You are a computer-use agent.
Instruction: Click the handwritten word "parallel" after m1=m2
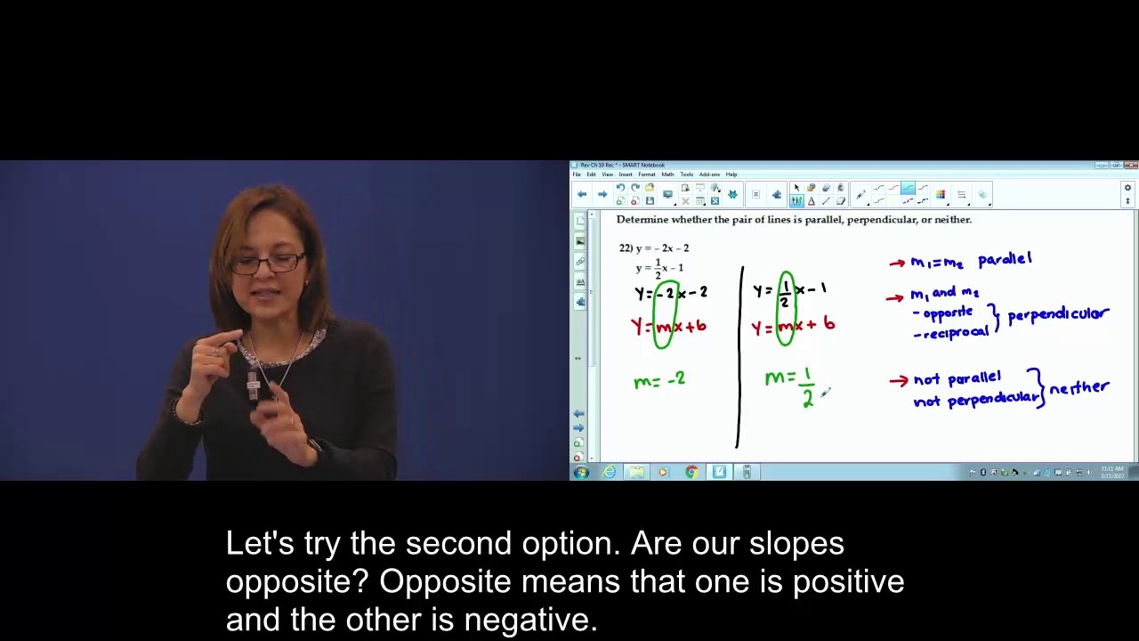pyautogui.click(x=1005, y=259)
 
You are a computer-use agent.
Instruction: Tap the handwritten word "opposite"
pyautogui.click(x=948, y=312)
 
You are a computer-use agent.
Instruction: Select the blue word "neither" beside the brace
pyautogui.click(x=1078, y=388)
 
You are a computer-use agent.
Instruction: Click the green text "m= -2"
pyautogui.click(x=659, y=380)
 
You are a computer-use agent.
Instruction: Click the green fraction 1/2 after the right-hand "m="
pyautogui.click(x=807, y=388)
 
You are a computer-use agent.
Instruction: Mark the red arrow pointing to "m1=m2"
pyautogui.click(x=897, y=263)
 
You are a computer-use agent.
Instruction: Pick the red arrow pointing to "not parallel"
pyautogui.click(x=899, y=381)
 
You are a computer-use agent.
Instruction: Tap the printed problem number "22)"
pyautogui.click(x=626, y=248)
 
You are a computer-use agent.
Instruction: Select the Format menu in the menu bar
pyautogui.click(x=646, y=174)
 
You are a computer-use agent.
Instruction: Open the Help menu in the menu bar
pyautogui.click(x=731, y=174)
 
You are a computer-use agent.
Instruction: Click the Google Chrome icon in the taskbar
pyautogui.click(x=691, y=472)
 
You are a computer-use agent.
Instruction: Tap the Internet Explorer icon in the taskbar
pyautogui.click(x=610, y=472)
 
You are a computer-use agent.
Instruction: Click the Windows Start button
pyautogui.click(x=581, y=472)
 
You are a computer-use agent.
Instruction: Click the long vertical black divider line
pyautogui.click(x=740, y=356)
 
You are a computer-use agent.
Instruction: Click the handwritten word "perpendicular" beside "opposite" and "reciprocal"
pyautogui.click(x=1058, y=315)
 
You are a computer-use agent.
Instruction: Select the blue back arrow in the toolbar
pyautogui.click(x=582, y=194)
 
